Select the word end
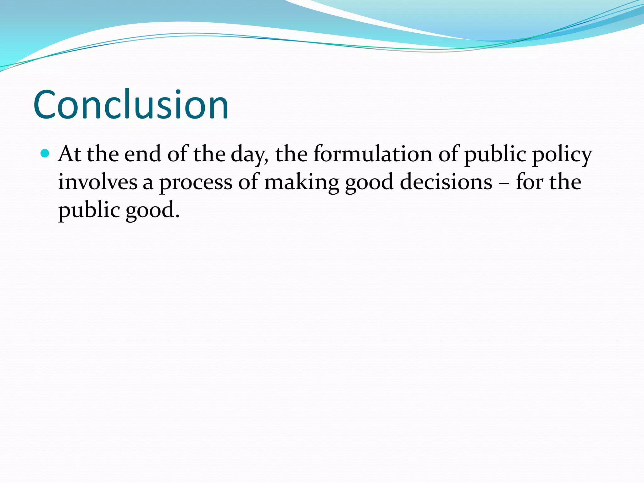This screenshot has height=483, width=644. tap(142, 154)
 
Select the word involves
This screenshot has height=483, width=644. tap(97, 182)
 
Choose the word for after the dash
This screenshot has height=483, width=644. tap(529, 182)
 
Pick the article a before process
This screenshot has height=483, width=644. tap(148, 183)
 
